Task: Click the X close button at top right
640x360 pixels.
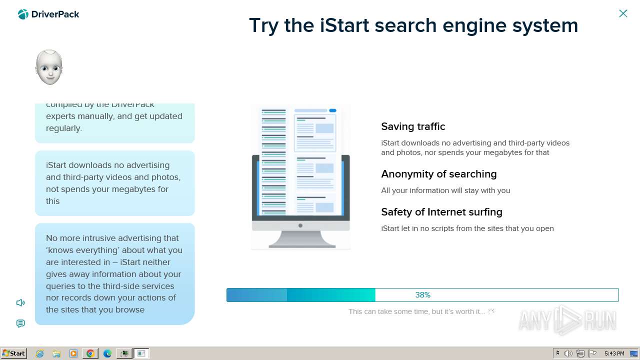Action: click(x=623, y=13)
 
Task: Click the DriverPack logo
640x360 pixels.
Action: click(x=48, y=14)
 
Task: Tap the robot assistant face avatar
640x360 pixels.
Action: click(x=49, y=67)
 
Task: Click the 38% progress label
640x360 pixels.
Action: click(x=422, y=295)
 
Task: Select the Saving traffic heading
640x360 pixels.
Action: click(x=413, y=126)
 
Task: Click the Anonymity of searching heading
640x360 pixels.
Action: click(x=438, y=174)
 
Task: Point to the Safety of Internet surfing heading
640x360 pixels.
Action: click(x=441, y=212)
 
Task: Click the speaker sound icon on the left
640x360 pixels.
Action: click(x=20, y=302)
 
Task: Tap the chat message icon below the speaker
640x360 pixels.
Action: click(x=20, y=323)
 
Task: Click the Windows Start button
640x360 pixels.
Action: click(x=14, y=353)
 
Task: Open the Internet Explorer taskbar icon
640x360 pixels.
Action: click(x=40, y=353)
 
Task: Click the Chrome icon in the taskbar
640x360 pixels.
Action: click(x=90, y=353)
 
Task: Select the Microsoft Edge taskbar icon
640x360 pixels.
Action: click(x=107, y=353)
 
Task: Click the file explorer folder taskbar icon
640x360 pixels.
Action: click(x=56, y=353)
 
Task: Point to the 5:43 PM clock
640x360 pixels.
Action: click(x=614, y=353)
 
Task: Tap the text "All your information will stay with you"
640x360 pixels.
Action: click(x=445, y=190)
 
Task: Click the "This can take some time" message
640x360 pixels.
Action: click(x=416, y=311)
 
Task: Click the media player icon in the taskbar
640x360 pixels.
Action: click(x=73, y=353)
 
